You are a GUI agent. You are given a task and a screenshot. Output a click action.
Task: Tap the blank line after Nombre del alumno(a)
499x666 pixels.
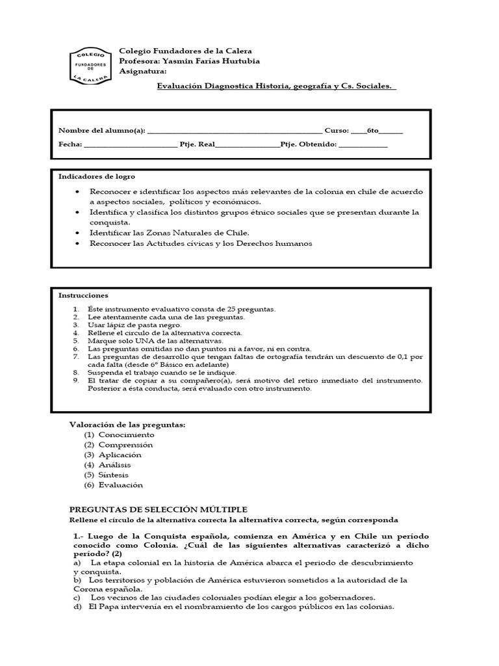click(235, 130)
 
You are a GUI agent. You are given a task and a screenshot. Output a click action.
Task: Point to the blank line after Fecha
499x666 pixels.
click(130, 144)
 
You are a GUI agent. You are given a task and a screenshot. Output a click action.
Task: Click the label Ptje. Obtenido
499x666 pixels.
click(309, 144)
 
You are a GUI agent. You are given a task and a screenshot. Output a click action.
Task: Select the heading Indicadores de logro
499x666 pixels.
click(97, 176)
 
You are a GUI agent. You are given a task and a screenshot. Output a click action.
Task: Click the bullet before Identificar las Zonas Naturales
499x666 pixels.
click(77, 233)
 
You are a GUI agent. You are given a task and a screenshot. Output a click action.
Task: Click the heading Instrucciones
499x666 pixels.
click(83, 295)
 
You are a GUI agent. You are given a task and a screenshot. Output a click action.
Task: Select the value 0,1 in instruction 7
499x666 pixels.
click(400, 356)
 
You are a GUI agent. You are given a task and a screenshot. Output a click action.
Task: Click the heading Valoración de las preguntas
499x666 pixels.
click(127, 425)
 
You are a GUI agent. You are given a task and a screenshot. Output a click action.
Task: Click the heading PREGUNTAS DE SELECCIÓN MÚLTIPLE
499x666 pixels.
click(158, 509)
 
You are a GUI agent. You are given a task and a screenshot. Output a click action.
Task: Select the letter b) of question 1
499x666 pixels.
click(77, 579)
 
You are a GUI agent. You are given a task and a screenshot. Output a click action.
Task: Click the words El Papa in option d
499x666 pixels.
click(101, 607)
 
